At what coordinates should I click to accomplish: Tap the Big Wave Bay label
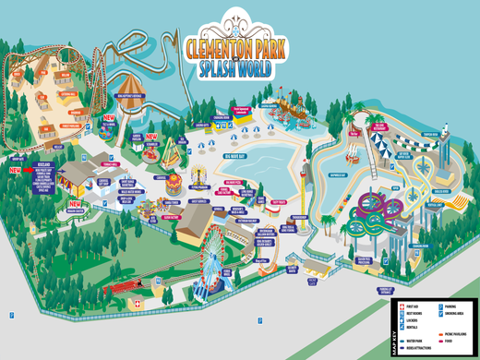click(237, 156)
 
